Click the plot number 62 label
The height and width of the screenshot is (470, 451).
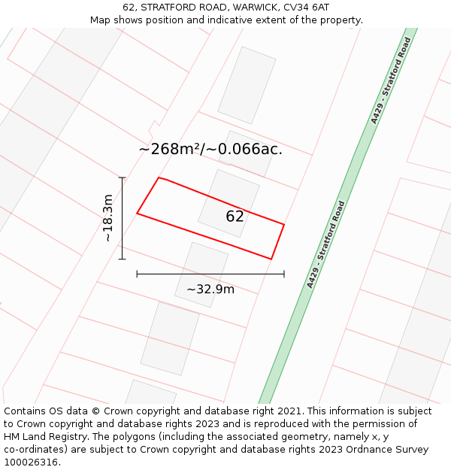[235, 217]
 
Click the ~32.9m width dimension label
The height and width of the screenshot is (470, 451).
[210, 289]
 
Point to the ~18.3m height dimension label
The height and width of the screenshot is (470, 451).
[108, 218]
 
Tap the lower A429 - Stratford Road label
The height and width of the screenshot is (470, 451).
[325, 244]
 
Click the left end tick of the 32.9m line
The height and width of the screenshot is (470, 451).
[137, 274]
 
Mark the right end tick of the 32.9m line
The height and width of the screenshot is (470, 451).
[284, 274]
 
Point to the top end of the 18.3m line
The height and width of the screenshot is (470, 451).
[122, 177]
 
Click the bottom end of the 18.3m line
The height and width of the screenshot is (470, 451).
[122, 259]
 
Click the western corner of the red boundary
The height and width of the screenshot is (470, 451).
[137, 214]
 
